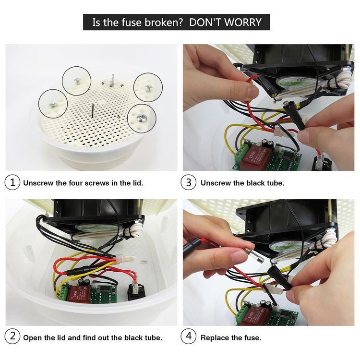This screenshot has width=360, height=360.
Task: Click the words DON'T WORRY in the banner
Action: click(x=225, y=22)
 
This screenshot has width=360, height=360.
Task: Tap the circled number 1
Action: click(x=12, y=182)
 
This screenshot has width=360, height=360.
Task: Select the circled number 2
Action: click(x=12, y=336)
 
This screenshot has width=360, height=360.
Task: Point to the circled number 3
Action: click(x=188, y=182)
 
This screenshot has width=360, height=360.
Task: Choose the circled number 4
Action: click(x=188, y=336)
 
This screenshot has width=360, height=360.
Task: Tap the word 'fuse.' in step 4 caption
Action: click(x=253, y=338)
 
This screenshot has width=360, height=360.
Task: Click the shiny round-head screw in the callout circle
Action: click(x=140, y=118)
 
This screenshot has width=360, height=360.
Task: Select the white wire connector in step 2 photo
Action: click(x=125, y=259)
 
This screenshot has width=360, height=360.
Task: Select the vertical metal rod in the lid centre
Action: click(x=93, y=111)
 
